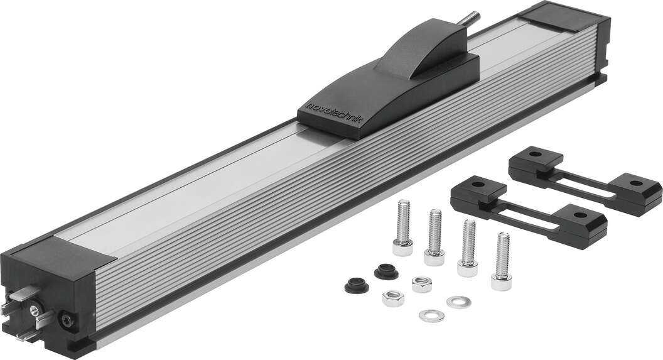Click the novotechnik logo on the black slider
coord(335,112)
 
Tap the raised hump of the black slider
coord(423,48)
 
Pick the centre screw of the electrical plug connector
coord(35,312)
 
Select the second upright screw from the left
coord(434,237)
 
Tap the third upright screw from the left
coord(468,248)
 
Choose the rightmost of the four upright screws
coord(502,261)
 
